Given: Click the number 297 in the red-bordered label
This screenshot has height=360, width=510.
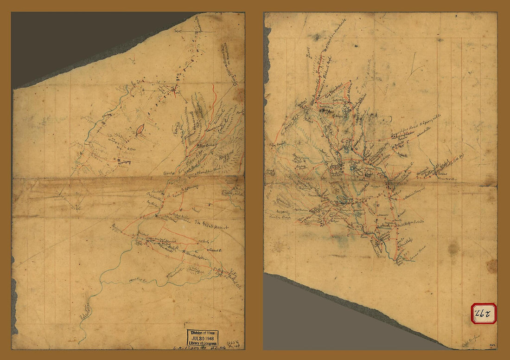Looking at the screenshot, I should coord(484,314).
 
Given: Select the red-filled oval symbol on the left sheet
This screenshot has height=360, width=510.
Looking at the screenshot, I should coord(140,130).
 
